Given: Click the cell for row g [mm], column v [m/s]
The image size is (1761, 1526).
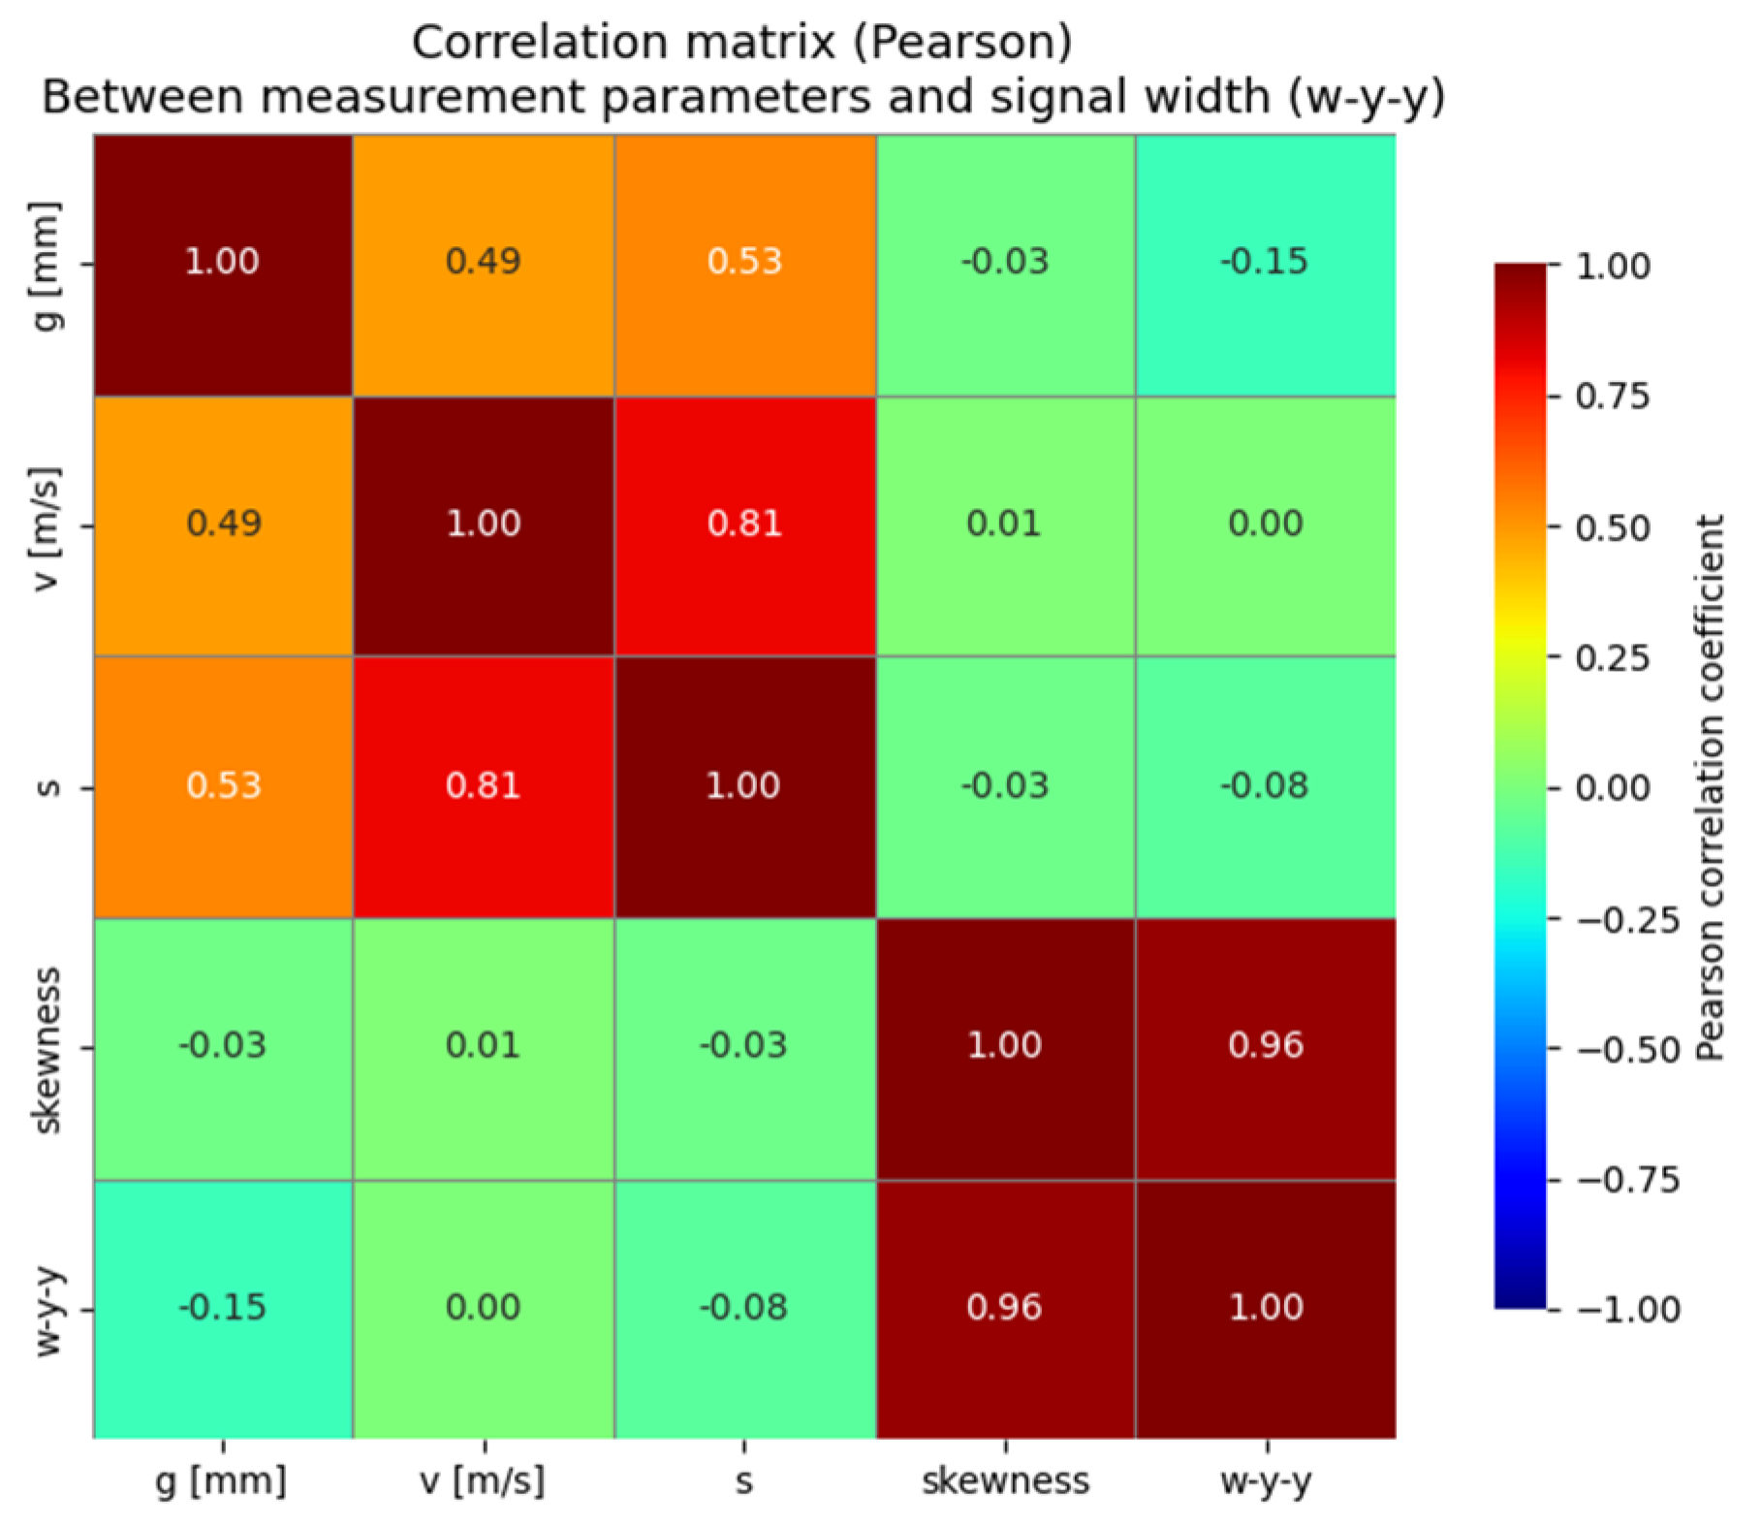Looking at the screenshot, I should pyautogui.click(x=483, y=263).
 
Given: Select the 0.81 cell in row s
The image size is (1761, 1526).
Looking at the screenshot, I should pyautogui.click(x=483, y=785).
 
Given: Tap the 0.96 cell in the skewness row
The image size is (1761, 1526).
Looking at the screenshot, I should pyautogui.click(x=1265, y=1046).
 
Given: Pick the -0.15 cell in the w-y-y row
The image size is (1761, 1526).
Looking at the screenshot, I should pyautogui.click(x=222, y=1308).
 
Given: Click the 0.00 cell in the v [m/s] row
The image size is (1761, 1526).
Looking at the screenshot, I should pyautogui.click(x=1265, y=525).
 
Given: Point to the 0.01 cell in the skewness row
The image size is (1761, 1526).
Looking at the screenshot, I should pyautogui.click(x=483, y=1046).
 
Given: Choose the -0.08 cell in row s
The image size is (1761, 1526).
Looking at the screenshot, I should pyautogui.click(x=1265, y=785).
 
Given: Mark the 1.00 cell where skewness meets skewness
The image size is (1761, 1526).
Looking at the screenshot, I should pyautogui.click(x=1004, y=1046).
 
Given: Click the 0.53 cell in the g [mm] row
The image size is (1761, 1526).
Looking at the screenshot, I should pyautogui.click(x=743, y=263).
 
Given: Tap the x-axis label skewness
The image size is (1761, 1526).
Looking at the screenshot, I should pyautogui.click(x=1005, y=1480).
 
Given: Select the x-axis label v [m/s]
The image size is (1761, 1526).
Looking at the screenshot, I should pyautogui.click(x=483, y=1480).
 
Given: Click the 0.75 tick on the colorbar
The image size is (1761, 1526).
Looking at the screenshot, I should pyautogui.click(x=1612, y=397).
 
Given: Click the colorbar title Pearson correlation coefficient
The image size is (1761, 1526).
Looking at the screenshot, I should pyautogui.click(x=1710, y=786).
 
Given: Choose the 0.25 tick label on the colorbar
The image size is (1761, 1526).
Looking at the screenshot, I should pyautogui.click(x=1612, y=658).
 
